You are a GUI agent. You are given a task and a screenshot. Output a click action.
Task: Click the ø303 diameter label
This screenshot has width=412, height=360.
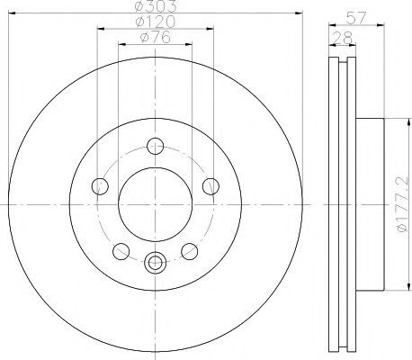(156, 5)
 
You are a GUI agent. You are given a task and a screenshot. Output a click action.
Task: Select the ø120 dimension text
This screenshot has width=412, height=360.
(155, 22)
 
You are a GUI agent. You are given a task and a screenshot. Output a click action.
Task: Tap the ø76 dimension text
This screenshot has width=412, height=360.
(156, 37)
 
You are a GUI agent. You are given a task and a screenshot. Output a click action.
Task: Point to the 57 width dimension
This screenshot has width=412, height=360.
(356, 18)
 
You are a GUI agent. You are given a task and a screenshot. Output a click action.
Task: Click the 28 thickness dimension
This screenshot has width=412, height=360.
(342, 38)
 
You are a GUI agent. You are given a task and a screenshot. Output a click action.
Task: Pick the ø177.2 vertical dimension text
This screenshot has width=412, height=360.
(402, 204)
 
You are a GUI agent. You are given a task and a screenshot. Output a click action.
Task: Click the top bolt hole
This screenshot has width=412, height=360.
(156, 146)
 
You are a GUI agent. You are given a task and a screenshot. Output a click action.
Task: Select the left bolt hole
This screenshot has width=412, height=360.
(100, 186)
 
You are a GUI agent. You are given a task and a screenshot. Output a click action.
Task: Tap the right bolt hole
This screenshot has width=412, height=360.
(210, 186)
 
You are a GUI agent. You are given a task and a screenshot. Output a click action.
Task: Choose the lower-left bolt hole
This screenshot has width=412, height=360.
(121, 251)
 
